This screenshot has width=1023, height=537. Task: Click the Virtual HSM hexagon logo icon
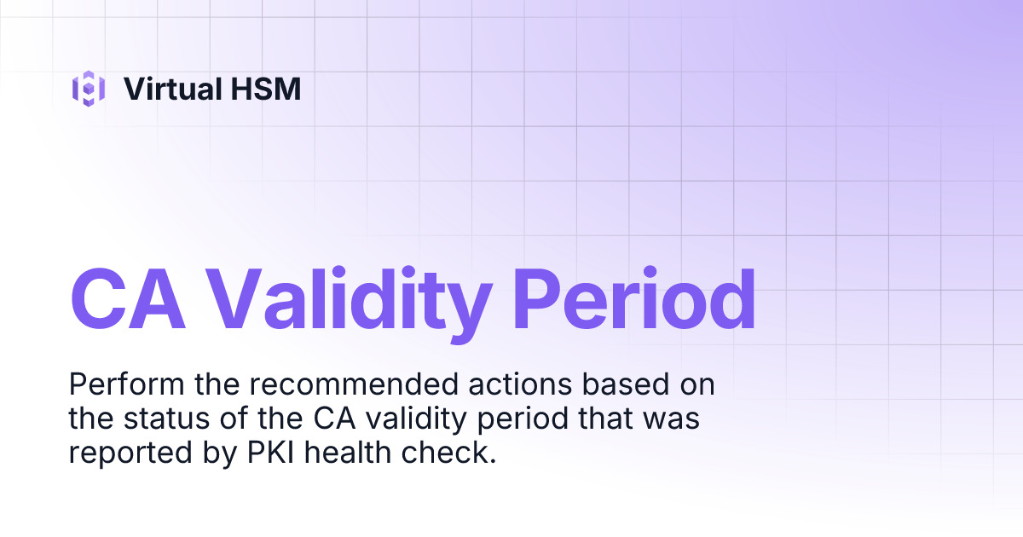[x=89, y=88]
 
